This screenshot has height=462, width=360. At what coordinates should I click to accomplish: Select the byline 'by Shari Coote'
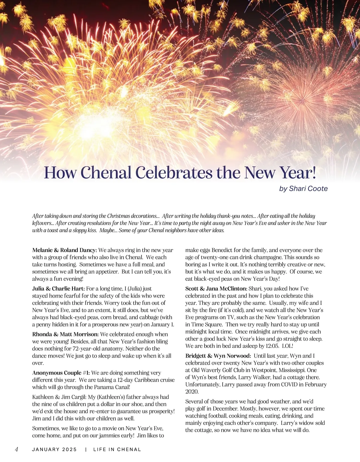303,189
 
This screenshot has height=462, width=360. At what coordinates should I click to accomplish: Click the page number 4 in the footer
16,449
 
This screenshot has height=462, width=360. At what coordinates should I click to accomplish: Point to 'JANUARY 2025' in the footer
54,449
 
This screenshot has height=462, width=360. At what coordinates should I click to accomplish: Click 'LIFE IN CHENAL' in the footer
117,449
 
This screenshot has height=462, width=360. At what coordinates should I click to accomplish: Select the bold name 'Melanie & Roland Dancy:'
64,250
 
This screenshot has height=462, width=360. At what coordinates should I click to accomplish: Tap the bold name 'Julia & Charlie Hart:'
58,289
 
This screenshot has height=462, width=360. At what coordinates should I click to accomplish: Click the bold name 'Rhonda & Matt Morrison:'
65,334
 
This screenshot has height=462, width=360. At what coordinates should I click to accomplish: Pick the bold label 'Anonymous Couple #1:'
61,373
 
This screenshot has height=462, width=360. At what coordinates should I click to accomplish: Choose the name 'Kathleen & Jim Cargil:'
59,397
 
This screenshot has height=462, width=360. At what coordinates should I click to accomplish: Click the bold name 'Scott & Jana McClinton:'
216,289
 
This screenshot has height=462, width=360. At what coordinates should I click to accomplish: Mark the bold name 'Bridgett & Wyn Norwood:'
218,356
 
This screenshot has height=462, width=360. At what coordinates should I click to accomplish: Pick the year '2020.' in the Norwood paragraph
192,392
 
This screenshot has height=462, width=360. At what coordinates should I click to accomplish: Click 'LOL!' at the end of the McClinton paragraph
287,346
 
